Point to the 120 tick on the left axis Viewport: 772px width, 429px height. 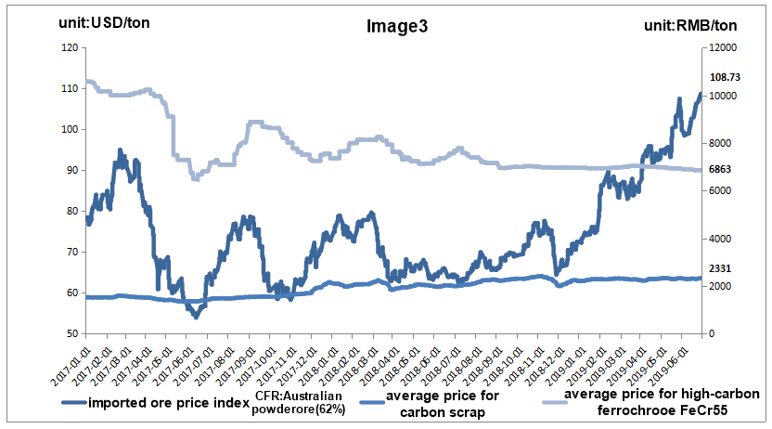(71, 47)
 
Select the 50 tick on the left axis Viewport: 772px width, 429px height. (73, 333)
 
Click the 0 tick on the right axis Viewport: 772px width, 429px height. (711, 333)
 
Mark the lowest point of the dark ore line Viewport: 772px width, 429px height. (195, 317)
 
